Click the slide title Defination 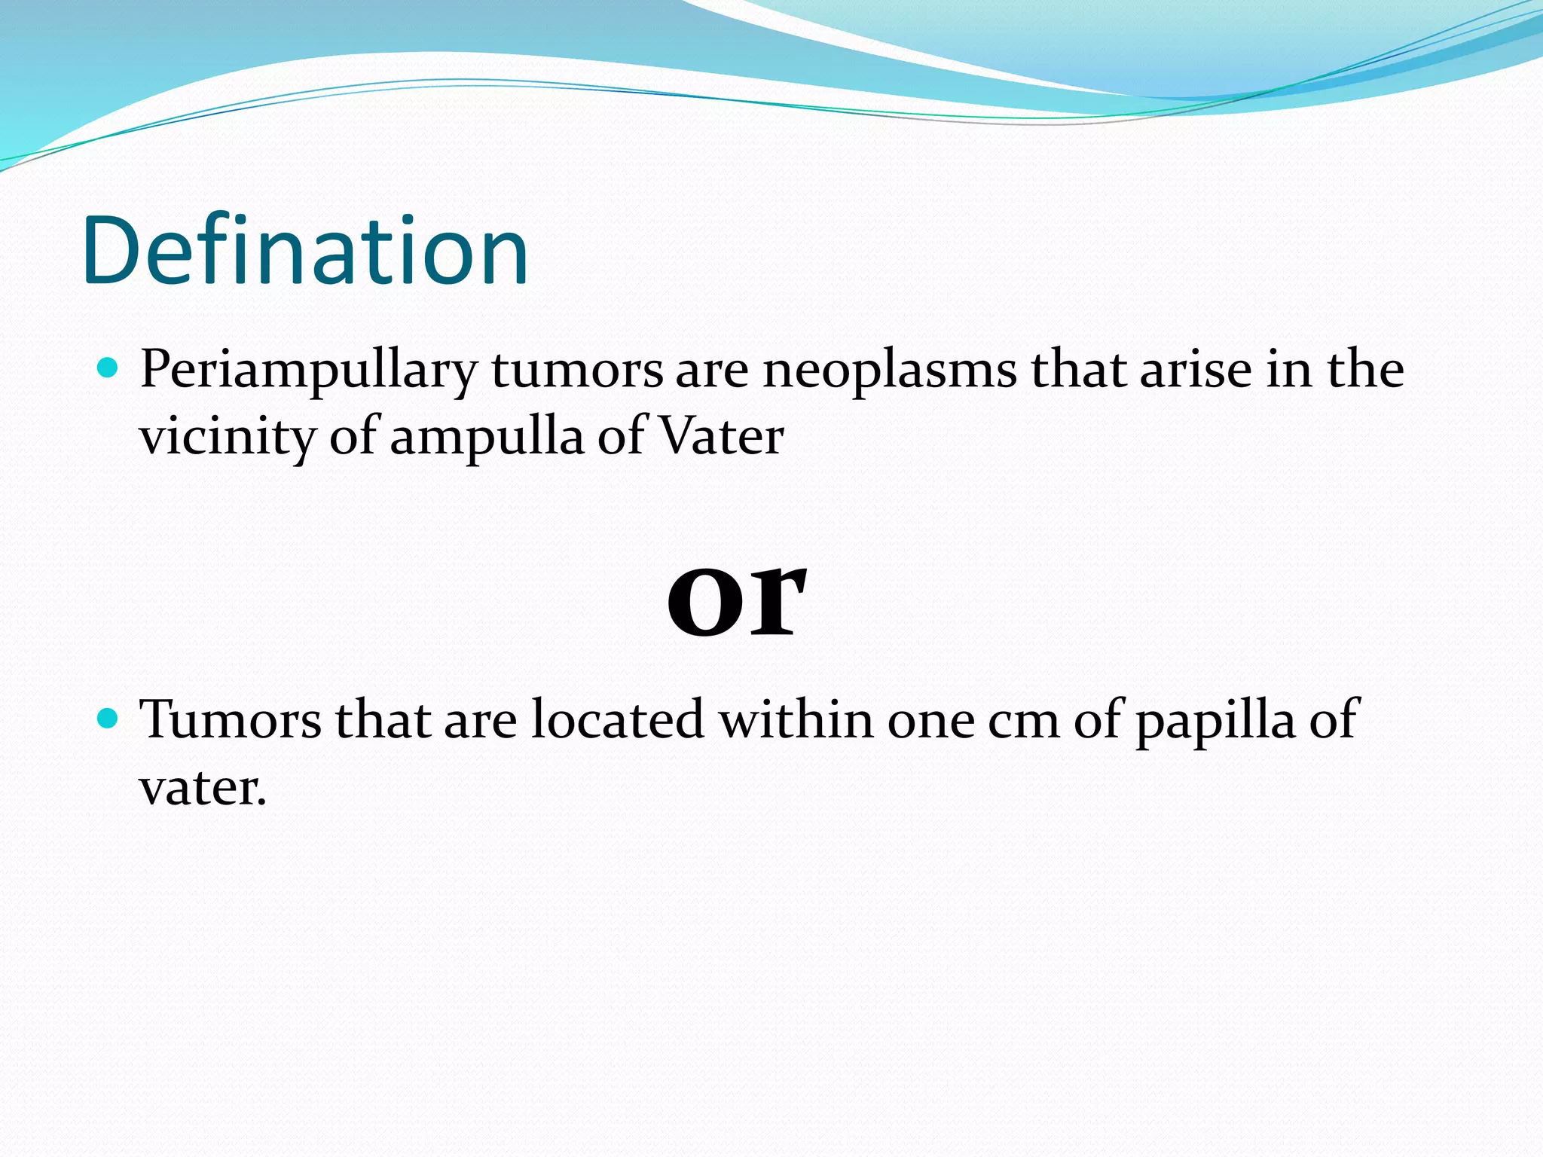(x=305, y=250)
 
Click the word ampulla (x=487, y=437)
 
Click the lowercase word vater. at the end (x=203, y=788)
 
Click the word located (x=618, y=719)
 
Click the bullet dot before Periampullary (x=108, y=368)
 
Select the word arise (x=1195, y=369)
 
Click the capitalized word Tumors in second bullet (x=231, y=719)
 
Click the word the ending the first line (x=1364, y=369)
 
